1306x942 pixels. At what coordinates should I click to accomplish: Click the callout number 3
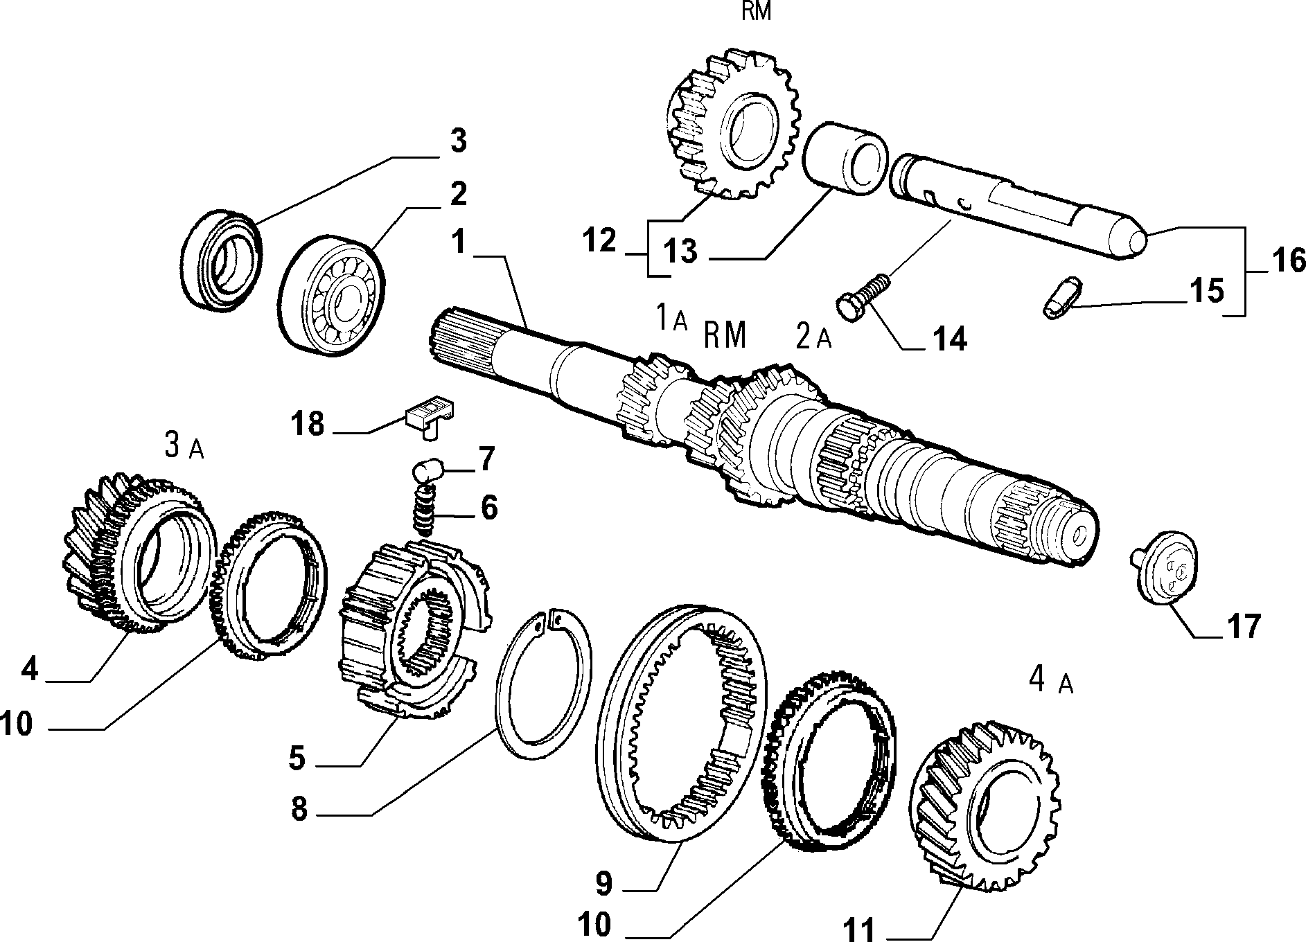[457, 141]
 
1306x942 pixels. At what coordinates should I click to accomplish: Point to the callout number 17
[1244, 628]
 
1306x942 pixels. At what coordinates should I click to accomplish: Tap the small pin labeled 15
[1061, 297]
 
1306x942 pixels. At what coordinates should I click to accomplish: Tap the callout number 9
[603, 882]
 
